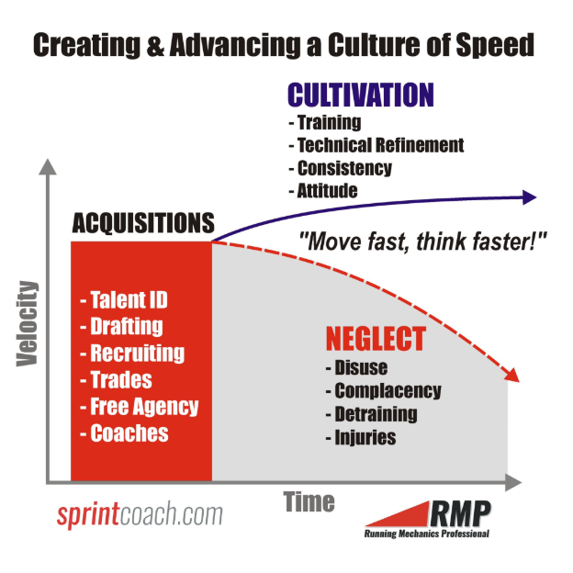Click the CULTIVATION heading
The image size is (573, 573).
361,95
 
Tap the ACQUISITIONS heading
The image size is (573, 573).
143,223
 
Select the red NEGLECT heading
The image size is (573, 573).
376,339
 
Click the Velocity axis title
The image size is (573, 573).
28,323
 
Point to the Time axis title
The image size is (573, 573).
309,501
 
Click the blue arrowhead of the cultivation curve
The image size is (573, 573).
529,197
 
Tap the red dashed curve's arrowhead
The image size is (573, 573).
512,376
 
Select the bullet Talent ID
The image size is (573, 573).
124,300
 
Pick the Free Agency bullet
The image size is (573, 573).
140,407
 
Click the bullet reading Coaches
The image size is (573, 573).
124,433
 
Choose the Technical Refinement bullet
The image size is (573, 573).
376,145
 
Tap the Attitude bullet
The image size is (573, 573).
323,191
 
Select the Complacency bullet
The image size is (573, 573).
383,390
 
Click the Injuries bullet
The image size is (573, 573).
361,437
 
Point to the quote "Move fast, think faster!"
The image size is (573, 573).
422,242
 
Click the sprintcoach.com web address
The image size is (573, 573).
140,514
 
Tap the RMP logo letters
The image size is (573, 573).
460,513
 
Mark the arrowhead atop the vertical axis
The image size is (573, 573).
48,167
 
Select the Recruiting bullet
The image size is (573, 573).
132,354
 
